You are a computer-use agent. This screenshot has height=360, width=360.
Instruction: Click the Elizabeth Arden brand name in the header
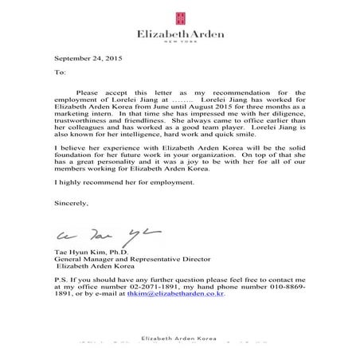(180, 35)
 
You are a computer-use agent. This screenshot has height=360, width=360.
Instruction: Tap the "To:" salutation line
(60, 72)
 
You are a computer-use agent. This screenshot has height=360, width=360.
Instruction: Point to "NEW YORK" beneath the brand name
(180, 44)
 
